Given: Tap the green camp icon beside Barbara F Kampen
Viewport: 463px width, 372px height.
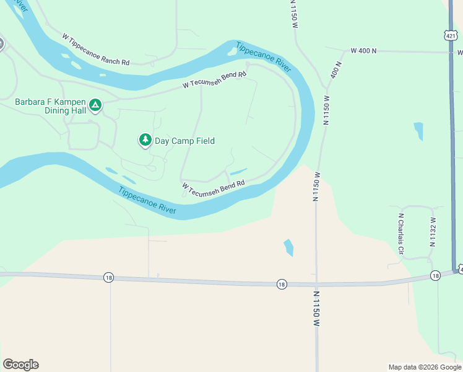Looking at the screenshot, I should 95,105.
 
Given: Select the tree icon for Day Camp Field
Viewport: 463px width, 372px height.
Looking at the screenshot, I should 145,141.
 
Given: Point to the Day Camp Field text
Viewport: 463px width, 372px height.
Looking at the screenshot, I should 184,141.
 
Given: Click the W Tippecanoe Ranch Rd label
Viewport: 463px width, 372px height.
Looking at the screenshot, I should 96,50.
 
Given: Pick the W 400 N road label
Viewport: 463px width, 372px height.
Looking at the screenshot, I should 363,51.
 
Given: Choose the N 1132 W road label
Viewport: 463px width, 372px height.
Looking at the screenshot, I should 433,229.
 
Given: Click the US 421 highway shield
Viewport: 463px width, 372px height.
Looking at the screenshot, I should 451,35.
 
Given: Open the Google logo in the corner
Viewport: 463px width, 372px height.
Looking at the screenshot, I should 20,365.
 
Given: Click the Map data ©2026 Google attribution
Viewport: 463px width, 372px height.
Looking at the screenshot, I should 425,367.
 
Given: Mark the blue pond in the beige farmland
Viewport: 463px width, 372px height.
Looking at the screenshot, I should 288,247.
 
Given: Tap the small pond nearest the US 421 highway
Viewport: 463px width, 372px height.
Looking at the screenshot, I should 419,131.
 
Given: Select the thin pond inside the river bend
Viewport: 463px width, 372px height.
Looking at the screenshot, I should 238,172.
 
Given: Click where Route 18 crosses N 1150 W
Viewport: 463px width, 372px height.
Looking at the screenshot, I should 316,285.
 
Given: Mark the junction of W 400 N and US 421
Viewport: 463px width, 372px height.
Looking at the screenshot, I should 451,52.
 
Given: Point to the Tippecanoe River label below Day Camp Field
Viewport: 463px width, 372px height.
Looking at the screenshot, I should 147,200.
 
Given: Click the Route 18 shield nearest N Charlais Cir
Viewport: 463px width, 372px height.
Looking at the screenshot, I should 435,275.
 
